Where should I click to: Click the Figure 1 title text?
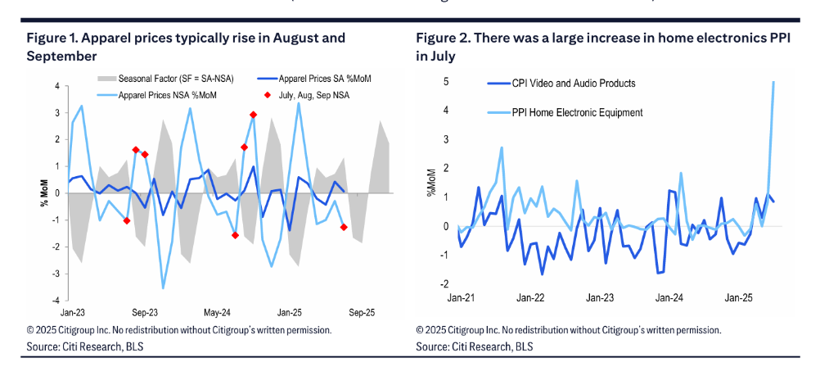pos(186,47)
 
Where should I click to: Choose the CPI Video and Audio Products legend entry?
pos(573,83)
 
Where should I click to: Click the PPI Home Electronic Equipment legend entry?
pos(577,111)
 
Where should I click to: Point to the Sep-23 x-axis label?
pos(144,312)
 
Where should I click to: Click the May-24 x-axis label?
pos(217,312)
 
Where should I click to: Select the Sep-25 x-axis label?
pos(362,312)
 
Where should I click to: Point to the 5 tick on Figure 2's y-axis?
pos(445,82)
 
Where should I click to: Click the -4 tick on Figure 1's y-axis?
pos(56,300)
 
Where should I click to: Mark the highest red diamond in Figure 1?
pos(253,115)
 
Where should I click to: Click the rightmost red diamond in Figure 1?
pos(343,227)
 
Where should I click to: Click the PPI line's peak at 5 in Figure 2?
pos(773,82)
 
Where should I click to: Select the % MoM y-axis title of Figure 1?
pos(44,193)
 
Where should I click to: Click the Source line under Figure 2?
pos(474,346)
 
